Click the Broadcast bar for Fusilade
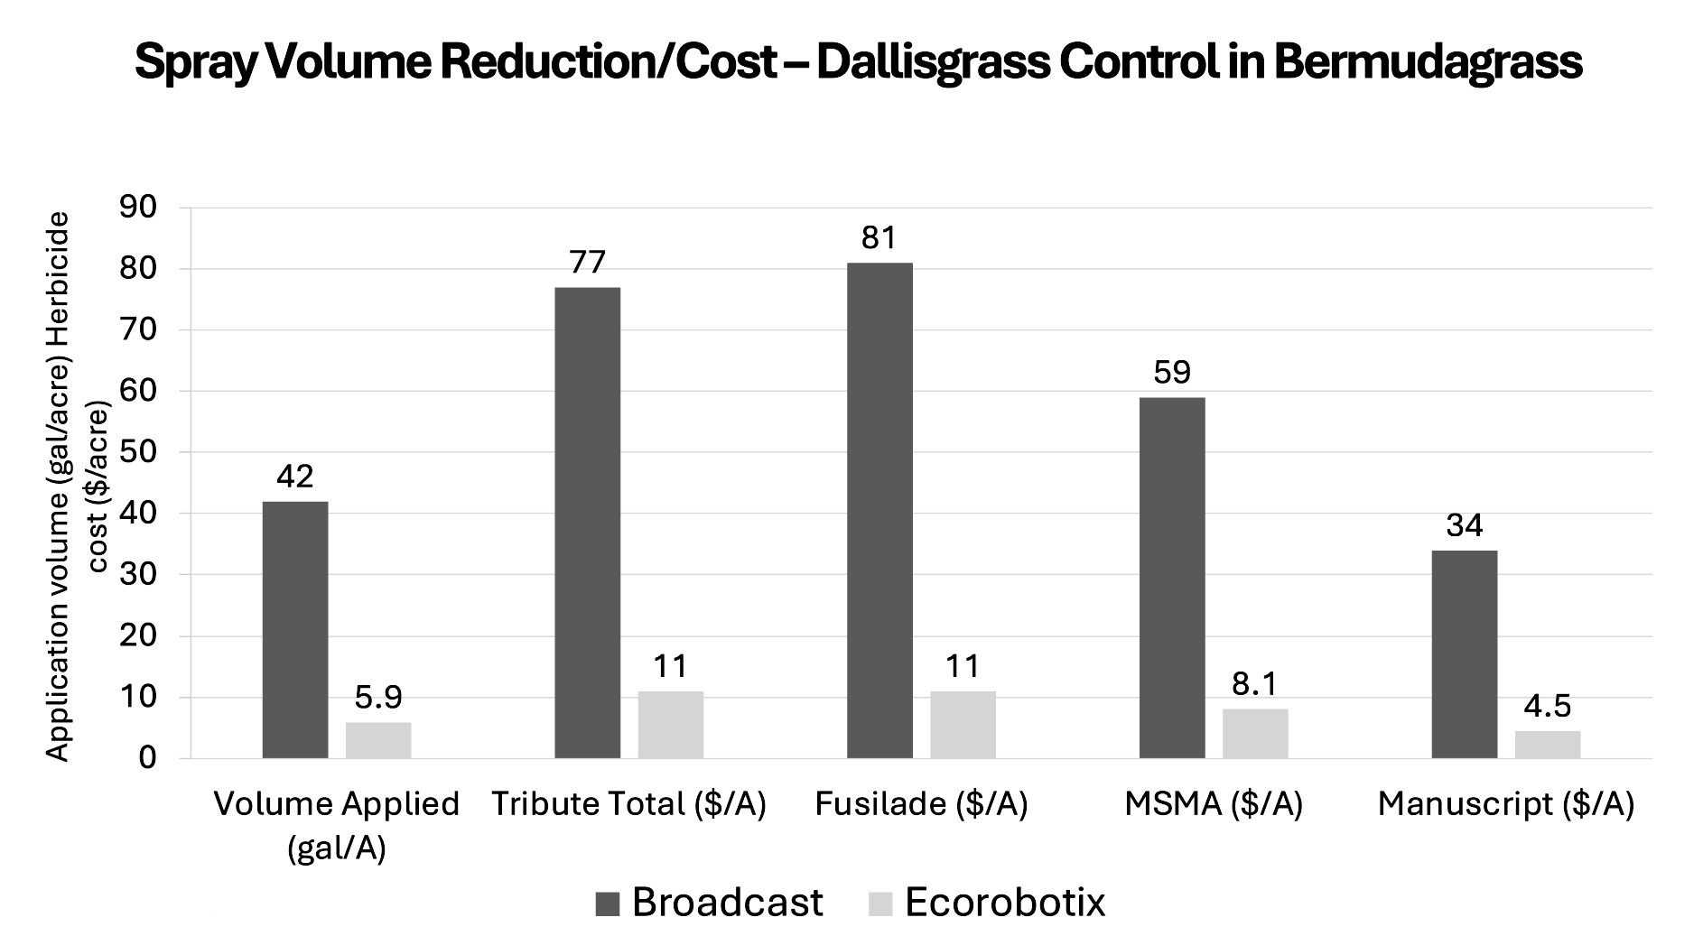879,510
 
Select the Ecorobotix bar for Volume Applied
378,740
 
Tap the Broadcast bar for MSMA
1172,578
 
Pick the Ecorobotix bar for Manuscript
1548,745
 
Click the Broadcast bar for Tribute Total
588,523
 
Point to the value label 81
879,238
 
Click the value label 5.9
378,698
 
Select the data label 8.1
1255,684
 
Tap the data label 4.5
1548,706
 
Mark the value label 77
587,262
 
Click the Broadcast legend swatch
608,904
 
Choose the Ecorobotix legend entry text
1005,903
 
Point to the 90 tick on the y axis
138,208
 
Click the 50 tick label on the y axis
138,452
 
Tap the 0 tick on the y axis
148,758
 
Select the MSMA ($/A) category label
1214,804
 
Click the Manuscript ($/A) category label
1505,804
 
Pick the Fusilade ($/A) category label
921,804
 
